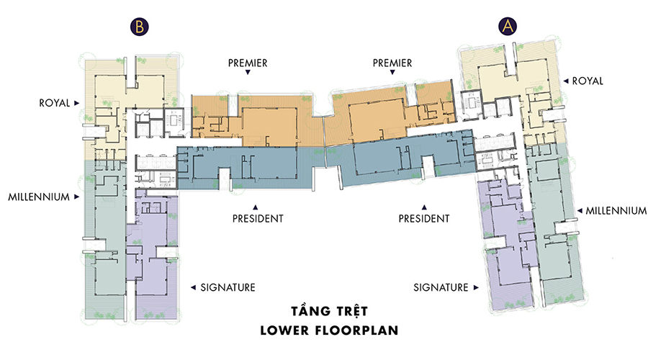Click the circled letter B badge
click(x=139, y=27)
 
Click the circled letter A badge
click(x=508, y=26)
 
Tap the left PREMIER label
click(x=248, y=63)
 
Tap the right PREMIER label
click(x=392, y=63)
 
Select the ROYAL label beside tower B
click(x=55, y=103)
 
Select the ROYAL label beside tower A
click(x=588, y=81)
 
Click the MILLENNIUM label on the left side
click(x=39, y=197)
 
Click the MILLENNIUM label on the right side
click(x=616, y=211)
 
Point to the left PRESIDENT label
click(x=258, y=219)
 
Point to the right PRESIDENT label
click(x=424, y=219)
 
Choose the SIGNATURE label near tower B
click(x=228, y=287)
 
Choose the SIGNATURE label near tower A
click(x=441, y=287)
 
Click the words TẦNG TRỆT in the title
click(x=329, y=311)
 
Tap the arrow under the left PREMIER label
click(x=248, y=72)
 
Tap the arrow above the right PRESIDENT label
click(x=424, y=207)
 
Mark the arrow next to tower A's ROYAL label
click(x=566, y=81)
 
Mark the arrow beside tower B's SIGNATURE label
click(x=193, y=287)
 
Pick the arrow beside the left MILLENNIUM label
click(x=76, y=197)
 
